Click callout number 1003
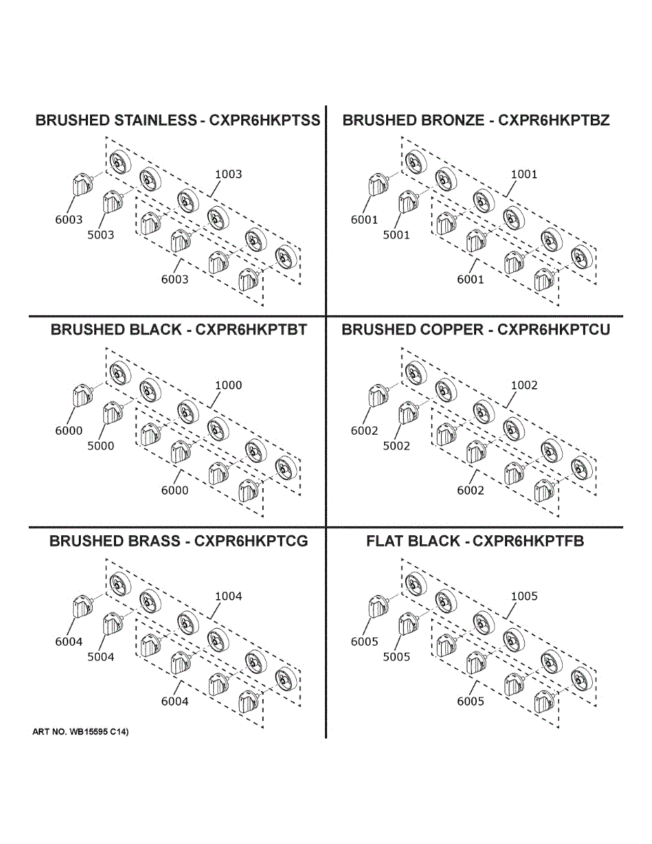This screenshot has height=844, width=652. [228, 174]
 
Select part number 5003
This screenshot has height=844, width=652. [101, 235]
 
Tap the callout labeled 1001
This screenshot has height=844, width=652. [523, 174]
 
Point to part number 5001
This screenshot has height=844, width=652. [396, 235]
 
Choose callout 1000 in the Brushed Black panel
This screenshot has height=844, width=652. [228, 385]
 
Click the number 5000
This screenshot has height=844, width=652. [101, 446]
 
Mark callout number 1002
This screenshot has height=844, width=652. [523, 385]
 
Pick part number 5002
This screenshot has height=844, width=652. [396, 446]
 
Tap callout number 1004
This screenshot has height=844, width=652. [228, 596]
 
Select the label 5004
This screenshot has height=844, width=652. [101, 657]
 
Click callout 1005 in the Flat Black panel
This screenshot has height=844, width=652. [523, 596]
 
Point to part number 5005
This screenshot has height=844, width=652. [396, 657]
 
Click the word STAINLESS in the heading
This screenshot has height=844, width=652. [153, 120]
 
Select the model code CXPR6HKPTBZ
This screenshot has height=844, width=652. [554, 120]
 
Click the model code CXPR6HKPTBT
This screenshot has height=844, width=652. [251, 330]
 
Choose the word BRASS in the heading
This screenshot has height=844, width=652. [153, 541]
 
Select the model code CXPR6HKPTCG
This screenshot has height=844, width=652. [251, 541]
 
